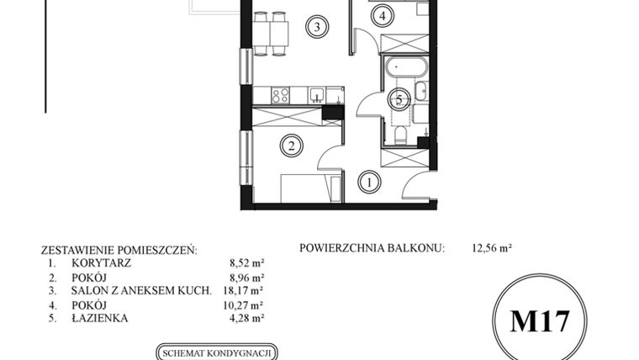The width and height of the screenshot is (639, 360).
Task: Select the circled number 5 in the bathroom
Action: point(399,99)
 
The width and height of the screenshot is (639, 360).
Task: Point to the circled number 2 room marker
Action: point(291,146)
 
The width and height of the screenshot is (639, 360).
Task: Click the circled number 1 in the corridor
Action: point(367,180)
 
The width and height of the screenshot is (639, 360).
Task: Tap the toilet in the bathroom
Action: point(399,135)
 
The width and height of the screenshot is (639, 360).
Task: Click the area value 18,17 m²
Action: point(246,290)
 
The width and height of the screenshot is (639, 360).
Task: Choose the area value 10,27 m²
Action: point(246,304)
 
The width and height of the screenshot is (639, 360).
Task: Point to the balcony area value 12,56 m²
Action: point(493,249)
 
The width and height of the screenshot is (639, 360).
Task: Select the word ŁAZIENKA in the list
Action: point(87,318)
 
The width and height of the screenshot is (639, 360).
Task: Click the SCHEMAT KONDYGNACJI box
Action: point(217,353)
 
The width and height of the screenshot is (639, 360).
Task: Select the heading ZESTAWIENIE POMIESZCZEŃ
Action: point(119,250)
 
